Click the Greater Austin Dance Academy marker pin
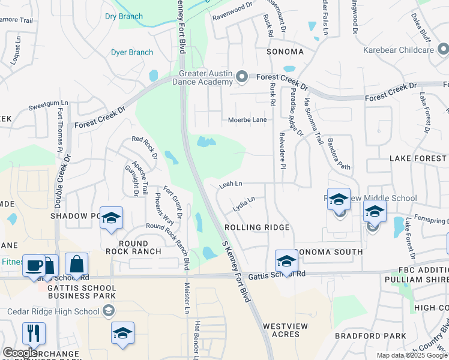coord(242,76)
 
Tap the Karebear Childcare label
coord(399,49)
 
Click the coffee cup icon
coord(33,265)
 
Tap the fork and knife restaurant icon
coord(33,333)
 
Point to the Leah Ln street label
coord(231,184)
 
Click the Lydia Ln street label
coord(244,203)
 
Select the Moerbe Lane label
coord(247,120)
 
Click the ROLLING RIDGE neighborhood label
coord(257,227)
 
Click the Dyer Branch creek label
coord(132,52)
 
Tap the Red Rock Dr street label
coord(144,146)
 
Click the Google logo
coord(20,353)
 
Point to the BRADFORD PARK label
coord(362,336)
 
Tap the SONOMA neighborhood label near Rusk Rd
coord(286,52)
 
